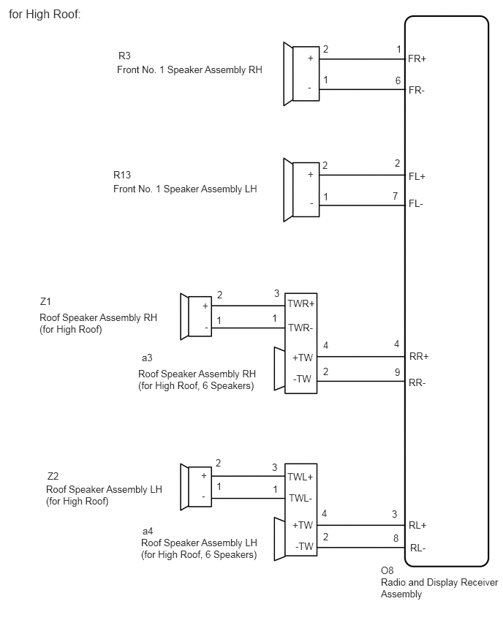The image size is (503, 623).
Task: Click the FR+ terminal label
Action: click(417, 58)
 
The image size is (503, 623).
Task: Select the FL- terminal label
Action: click(415, 204)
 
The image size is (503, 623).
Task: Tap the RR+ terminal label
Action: click(419, 356)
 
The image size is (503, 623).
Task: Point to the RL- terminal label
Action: click(417, 548)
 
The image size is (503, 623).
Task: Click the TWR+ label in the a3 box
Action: click(300, 304)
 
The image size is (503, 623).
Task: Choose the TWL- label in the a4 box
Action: click(300, 498)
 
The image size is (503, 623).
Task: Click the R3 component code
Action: click(124, 56)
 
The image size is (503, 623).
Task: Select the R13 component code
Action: click(122, 175)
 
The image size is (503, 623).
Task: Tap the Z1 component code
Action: click(45, 301)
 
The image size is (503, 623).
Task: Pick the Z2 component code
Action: click(53, 476)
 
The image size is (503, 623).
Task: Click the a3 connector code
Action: click(147, 358)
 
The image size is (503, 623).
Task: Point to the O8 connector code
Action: click(387, 570)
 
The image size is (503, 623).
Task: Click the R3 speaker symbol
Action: click(301, 74)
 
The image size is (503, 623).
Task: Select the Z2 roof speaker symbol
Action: click(196, 487)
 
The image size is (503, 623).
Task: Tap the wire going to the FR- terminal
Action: click(362, 89)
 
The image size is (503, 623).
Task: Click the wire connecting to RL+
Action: click(360, 525)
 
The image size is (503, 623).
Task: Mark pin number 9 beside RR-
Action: click(397, 372)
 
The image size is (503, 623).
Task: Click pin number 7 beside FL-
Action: click(396, 196)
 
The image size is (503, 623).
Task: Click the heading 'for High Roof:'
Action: click(45, 15)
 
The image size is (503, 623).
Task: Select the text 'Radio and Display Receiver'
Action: click(439, 583)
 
